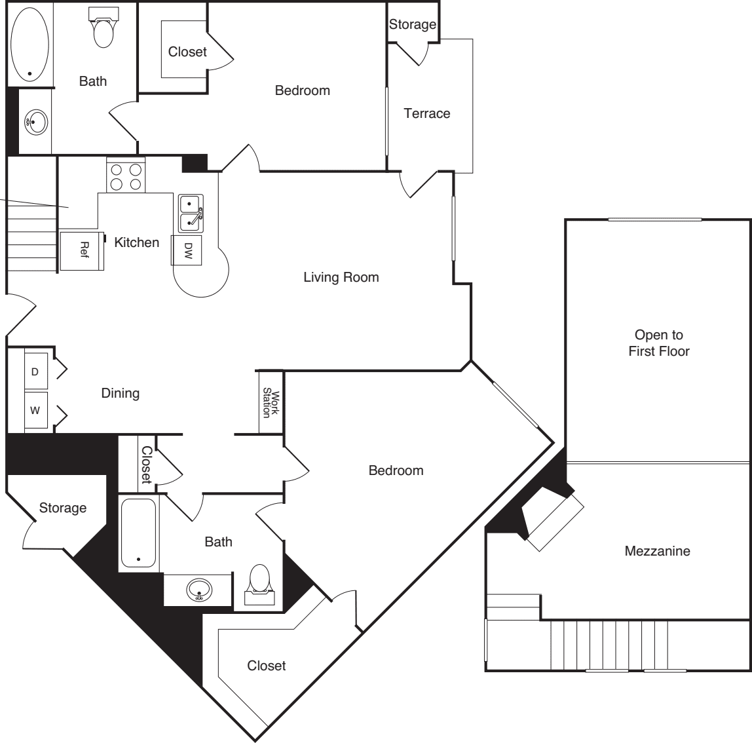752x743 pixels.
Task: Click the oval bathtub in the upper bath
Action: (x=29, y=44)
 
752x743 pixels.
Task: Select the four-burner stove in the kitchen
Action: (x=126, y=176)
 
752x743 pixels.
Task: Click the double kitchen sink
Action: (x=191, y=214)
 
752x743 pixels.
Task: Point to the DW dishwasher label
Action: (x=188, y=250)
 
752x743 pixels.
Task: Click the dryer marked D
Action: (x=35, y=371)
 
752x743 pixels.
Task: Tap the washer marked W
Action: (x=35, y=411)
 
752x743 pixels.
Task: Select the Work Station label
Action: (x=271, y=402)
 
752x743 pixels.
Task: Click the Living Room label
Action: (x=341, y=277)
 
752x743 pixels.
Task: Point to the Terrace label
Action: (x=427, y=113)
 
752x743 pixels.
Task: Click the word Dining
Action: (x=121, y=393)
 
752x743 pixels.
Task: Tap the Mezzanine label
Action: (x=657, y=551)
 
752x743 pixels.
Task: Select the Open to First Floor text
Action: (x=658, y=343)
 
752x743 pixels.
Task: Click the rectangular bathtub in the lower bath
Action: (x=138, y=533)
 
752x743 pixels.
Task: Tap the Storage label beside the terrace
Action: (x=412, y=24)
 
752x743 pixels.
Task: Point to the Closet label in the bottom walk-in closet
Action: (x=266, y=666)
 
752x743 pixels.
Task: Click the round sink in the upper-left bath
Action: (x=35, y=121)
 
